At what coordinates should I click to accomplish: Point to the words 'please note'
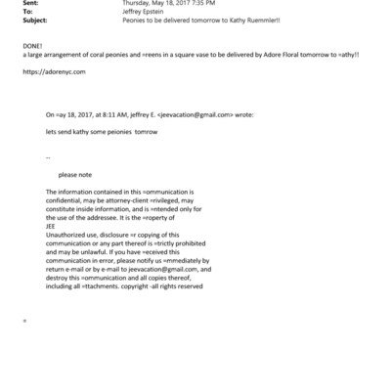74,174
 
